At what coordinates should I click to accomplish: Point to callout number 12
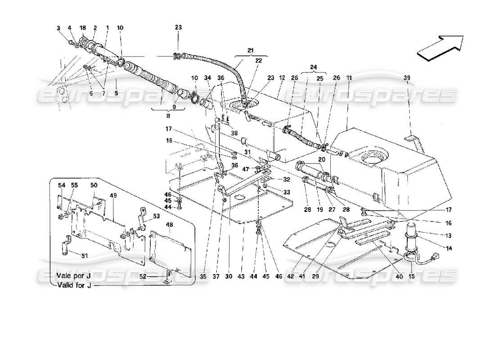[282, 78]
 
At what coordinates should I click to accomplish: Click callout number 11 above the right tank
[349, 78]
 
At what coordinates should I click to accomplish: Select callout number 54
[61, 185]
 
